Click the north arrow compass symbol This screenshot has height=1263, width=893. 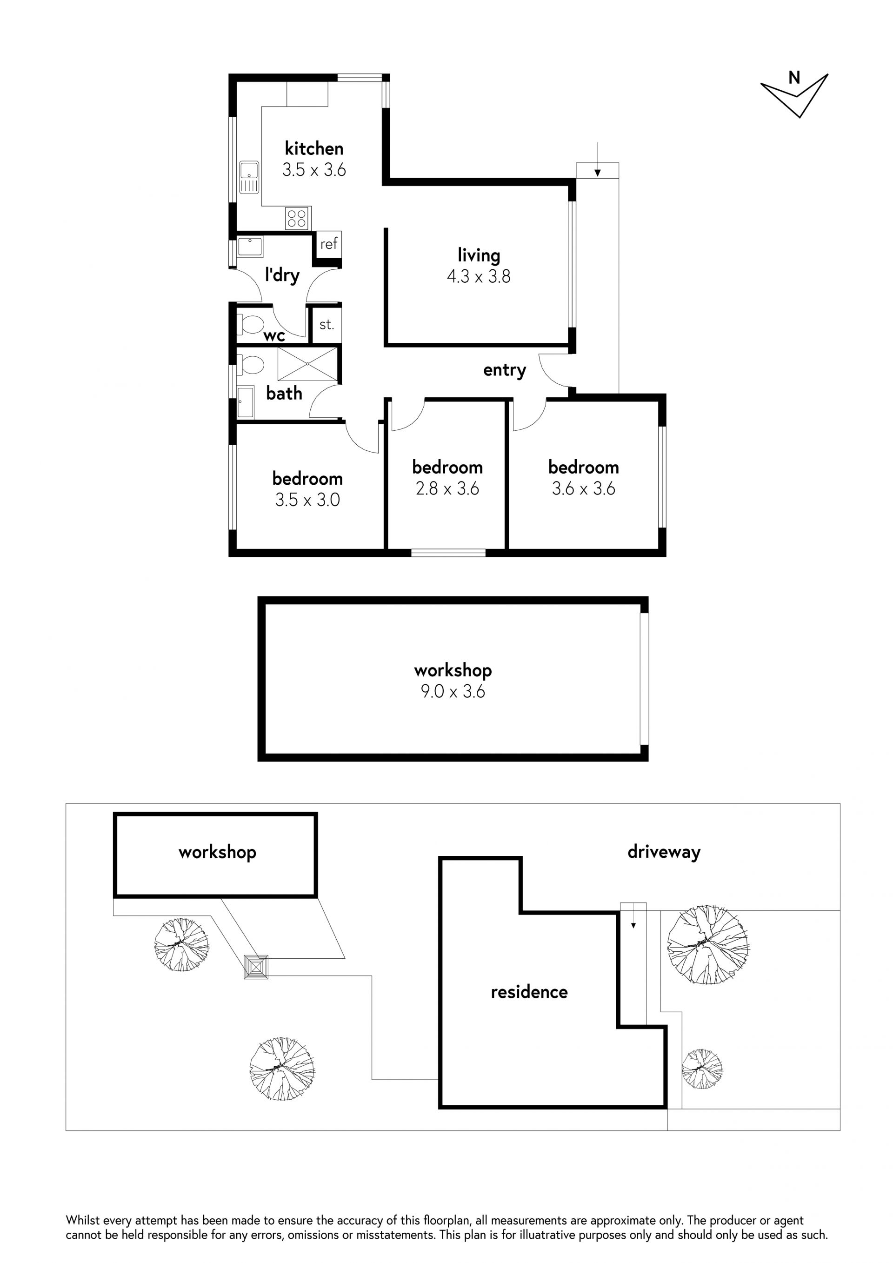click(795, 94)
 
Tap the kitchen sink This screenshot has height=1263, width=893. click(249, 178)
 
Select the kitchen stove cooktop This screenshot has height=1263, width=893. click(298, 218)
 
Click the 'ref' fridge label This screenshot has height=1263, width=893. click(329, 244)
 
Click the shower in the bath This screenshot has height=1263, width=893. click(307, 364)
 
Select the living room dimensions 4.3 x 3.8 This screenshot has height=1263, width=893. click(479, 276)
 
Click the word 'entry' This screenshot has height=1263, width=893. click(504, 371)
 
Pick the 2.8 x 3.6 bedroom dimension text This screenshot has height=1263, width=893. click(447, 488)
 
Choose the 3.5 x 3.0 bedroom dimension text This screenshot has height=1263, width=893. click(307, 500)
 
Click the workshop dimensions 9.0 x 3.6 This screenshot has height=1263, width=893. click(453, 691)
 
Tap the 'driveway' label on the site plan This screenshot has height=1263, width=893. click(664, 852)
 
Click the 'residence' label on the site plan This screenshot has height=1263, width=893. click(529, 992)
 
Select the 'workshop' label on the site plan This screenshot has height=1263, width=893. click(217, 852)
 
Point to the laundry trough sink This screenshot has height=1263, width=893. click(250, 247)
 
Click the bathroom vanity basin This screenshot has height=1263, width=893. click(246, 401)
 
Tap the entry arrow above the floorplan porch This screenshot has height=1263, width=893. click(598, 160)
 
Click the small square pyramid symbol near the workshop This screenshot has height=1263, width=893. click(256, 967)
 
